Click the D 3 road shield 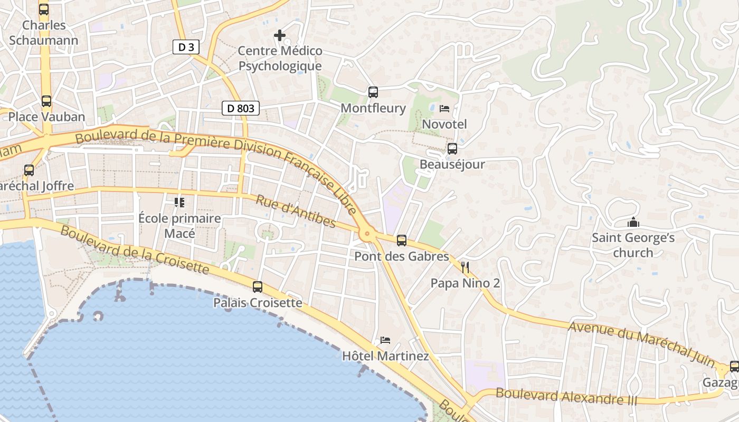click(186, 47)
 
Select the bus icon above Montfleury click(373, 92)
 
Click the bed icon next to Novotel click(444, 109)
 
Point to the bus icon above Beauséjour click(452, 149)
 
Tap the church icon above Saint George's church click(633, 223)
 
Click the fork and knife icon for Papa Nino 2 click(465, 267)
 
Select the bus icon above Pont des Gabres click(402, 241)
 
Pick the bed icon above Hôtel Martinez click(385, 340)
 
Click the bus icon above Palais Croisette click(258, 287)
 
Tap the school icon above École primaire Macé click(179, 202)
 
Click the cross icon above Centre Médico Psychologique click(280, 35)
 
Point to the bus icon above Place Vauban click(46, 101)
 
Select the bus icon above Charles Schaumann click(44, 9)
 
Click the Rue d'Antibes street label click(296, 211)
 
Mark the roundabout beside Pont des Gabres click(367, 233)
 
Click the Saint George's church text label click(633, 245)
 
